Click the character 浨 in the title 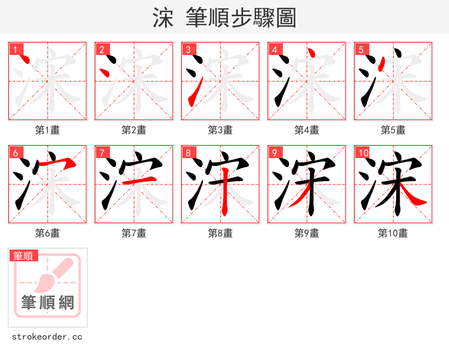(163, 18)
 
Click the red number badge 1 (15, 49)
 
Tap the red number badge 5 (361, 49)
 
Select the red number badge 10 (363, 153)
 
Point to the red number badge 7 (102, 153)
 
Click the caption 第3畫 (220, 130)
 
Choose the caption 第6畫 (47, 233)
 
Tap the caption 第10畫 (393, 233)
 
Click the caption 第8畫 (220, 233)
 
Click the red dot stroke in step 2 (103, 72)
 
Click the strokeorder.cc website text (47, 337)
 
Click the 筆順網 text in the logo (48, 303)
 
